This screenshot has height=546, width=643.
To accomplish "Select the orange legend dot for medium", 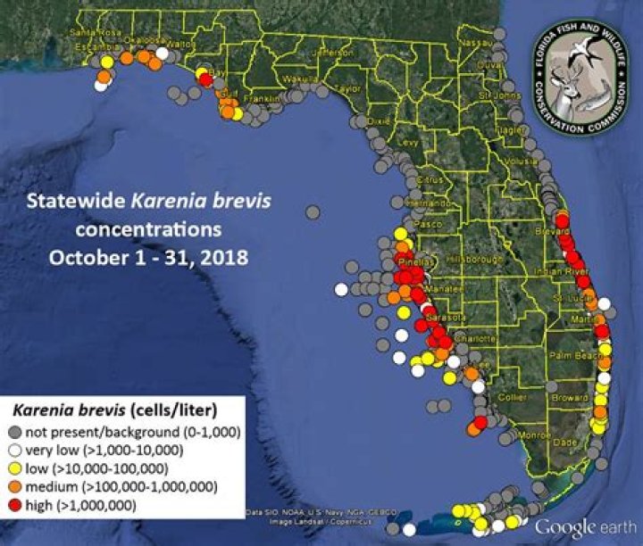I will tap(14, 486).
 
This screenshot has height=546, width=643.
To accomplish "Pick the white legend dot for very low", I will tap(14, 450).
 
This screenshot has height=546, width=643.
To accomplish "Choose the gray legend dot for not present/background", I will tap(14, 433).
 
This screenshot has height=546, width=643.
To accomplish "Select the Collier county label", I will tap(514, 397).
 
